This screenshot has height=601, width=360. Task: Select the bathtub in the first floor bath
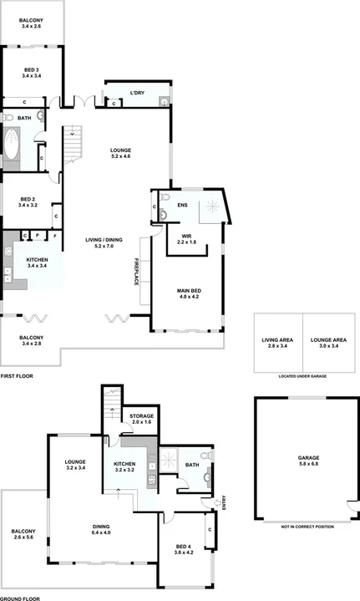point(12,144)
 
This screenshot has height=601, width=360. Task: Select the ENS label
point(182,204)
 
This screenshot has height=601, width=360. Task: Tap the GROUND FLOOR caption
point(20,597)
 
